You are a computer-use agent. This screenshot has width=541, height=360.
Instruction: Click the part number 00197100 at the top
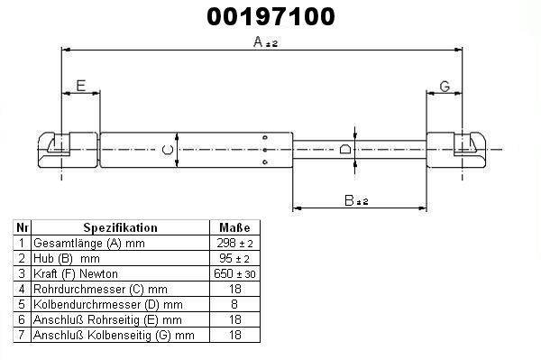270,16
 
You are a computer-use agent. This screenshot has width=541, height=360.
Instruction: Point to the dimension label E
80,86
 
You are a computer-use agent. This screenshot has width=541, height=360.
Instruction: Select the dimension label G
445,86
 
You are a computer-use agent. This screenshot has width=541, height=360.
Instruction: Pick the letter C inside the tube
168,150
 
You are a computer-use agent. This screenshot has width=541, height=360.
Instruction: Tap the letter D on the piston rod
345,149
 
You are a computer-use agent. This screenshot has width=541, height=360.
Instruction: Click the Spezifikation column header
121,227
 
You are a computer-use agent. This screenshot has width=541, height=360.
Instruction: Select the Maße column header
234,227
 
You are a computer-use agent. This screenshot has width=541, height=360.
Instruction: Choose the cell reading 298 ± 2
234,244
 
